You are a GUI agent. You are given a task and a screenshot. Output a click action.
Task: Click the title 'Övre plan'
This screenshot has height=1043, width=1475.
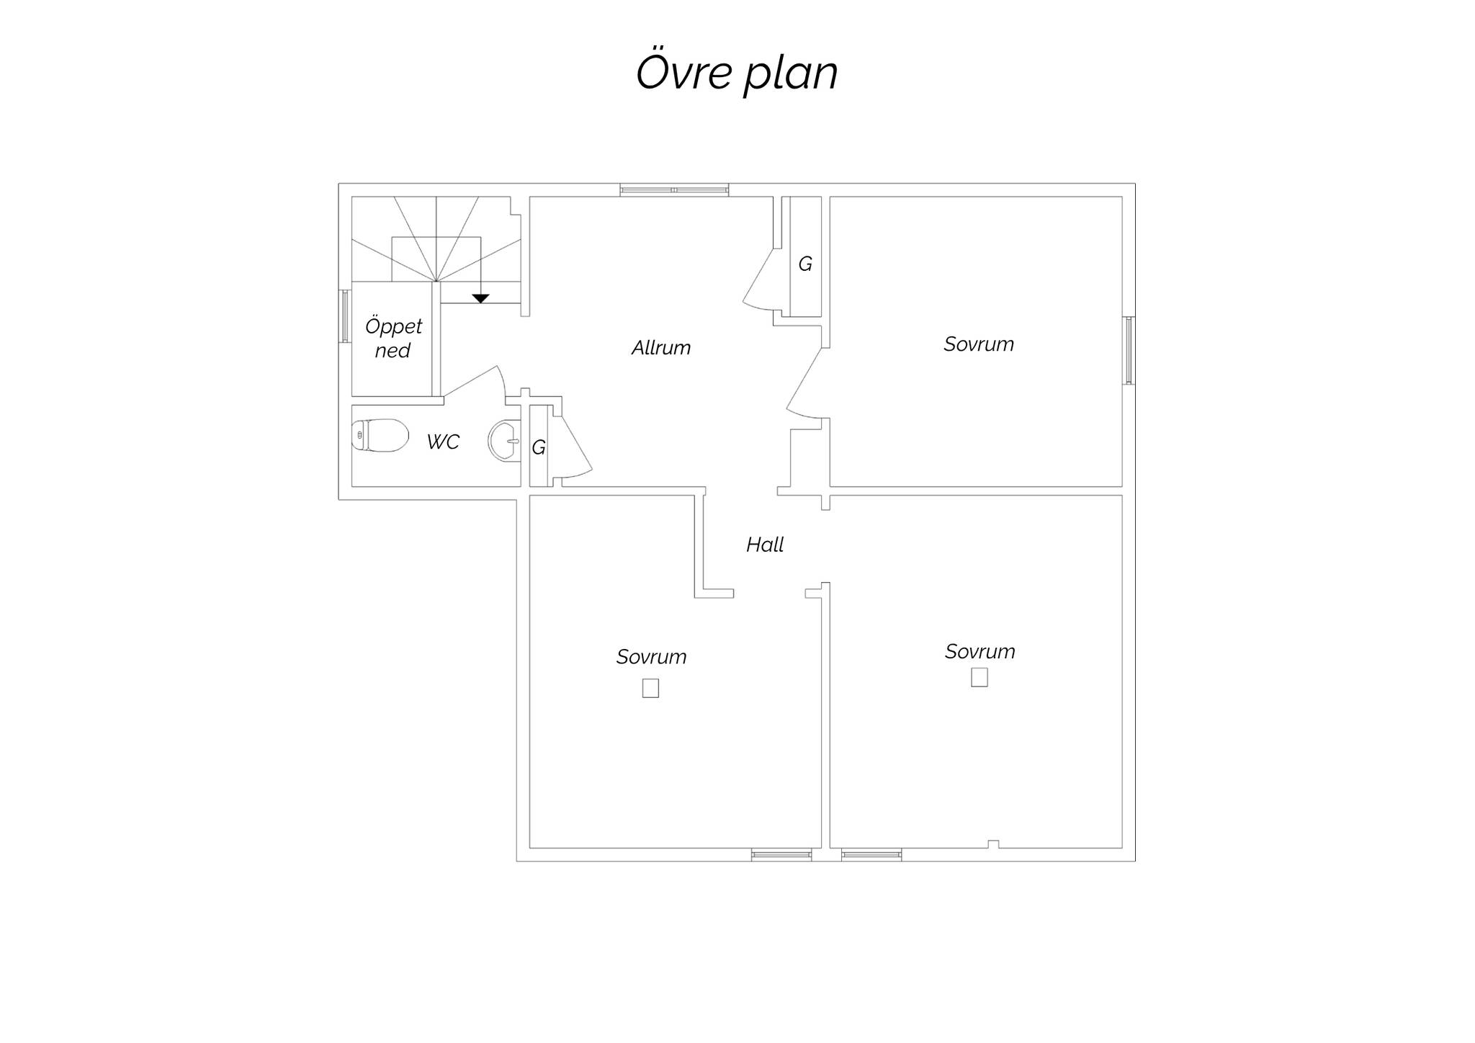point(737,73)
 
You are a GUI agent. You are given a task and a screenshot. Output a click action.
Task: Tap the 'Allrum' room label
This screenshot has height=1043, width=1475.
point(660,348)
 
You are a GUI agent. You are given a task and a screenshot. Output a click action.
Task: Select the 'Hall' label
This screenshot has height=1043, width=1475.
point(765,545)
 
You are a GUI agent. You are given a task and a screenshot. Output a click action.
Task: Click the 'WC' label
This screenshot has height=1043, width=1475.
point(443,442)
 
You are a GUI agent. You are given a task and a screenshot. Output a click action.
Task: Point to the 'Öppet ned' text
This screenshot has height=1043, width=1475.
point(393,338)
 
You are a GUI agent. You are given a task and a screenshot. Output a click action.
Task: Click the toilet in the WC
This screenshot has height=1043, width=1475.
point(380,436)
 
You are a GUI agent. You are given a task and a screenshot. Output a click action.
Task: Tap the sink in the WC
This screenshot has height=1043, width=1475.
point(505,441)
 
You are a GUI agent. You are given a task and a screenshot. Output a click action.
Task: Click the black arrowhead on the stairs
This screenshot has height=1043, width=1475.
point(480,298)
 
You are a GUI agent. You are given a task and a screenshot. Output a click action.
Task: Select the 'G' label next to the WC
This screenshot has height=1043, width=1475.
point(539,447)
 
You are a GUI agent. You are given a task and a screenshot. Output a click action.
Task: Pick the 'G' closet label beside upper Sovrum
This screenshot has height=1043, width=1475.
point(805,264)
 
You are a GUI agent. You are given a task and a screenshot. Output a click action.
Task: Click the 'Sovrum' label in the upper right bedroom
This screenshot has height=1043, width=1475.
point(979,344)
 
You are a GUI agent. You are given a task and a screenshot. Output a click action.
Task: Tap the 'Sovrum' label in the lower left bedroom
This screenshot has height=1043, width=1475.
point(651,657)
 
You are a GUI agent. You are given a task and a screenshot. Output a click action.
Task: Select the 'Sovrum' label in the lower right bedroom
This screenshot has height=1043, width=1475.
point(979,652)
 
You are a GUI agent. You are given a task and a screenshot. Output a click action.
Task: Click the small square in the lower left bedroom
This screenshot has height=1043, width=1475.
point(650,689)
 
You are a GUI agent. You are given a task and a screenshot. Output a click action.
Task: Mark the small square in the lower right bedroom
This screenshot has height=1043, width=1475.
point(979,678)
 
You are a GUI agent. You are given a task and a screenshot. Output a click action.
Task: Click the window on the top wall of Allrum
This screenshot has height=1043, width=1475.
point(675,190)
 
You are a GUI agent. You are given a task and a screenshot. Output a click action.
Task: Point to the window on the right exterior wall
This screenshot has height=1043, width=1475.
point(1129,351)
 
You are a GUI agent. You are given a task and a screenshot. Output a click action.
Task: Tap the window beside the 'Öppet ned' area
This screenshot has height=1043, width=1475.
point(345,316)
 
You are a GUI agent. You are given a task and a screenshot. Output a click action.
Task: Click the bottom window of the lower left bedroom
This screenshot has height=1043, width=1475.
point(781,855)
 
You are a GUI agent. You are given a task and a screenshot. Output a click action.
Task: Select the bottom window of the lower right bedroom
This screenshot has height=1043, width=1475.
point(871,855)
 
